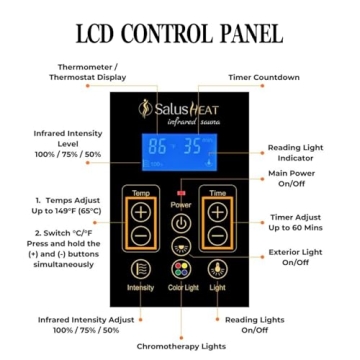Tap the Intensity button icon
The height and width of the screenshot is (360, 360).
pyautogui.click(x=142, y=268)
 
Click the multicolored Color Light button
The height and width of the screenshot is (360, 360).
pyautogui.click(x=180, y=268)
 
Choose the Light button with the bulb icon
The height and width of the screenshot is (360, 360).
pyautogui.click(x=217, y=268)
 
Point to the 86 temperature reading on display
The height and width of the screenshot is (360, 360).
pyautogui.click(x=157, y=146)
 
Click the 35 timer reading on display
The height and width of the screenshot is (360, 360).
pyautogui.click(x=191, y=146)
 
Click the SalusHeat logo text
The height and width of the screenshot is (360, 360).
pyautogui.click(x=184, y=108)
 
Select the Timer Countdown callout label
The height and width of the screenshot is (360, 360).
pyautogui.click(x=263, y=77)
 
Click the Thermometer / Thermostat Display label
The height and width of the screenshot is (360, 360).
pyautogui.click(x=88, y=71)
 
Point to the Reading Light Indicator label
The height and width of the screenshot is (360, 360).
pyautogui.click(x=295, y=152)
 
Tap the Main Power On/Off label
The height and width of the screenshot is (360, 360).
pyautogui.click(x=291, y=179)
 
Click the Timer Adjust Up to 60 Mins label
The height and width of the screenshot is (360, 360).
pyautogui.click(x=295, y=221)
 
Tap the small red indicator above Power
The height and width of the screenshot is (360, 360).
pyautogui.click(x=181, y=192)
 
